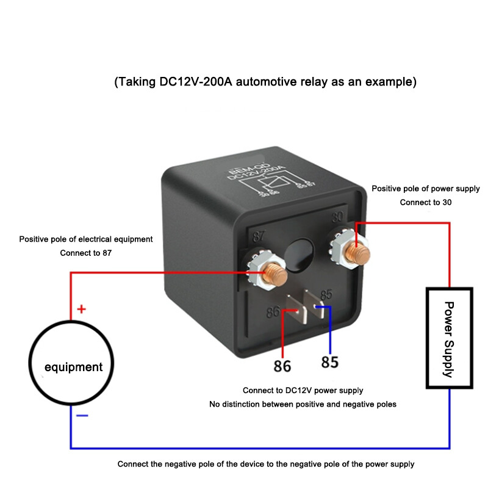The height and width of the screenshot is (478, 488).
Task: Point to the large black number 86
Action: [x=282, y=366]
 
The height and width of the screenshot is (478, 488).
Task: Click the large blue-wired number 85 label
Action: [x=329, y=363]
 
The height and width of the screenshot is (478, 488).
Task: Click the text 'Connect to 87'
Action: [x=86, y=253]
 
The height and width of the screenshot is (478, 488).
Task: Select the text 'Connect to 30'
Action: [x=426, y=202]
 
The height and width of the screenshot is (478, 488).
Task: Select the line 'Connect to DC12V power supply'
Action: [x=303, y=390]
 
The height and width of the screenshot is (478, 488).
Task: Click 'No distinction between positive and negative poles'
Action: [x=303, y=404]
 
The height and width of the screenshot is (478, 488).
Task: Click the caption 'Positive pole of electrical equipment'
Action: [x=86, y=239]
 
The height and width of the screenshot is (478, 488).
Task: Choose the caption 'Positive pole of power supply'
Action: [x=426, y=189]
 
